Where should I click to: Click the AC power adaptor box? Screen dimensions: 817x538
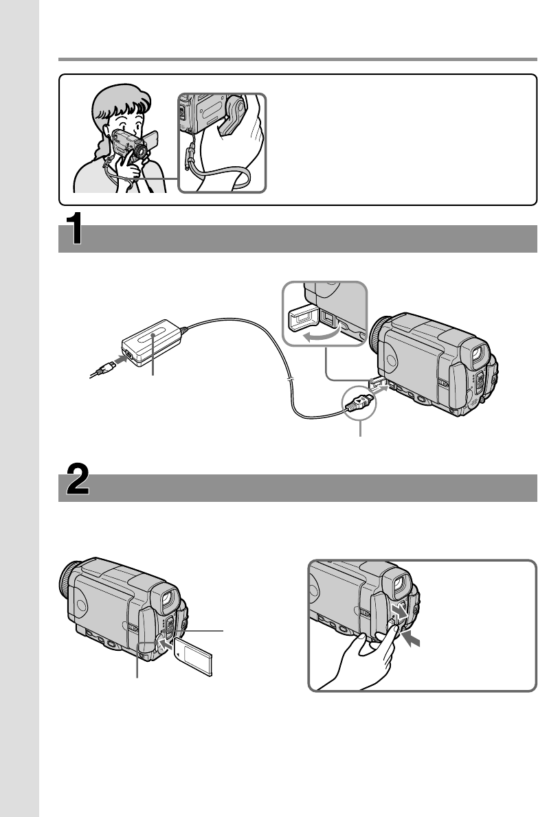(153, 341)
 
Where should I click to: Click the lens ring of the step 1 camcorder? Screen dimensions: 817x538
(379, 336)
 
